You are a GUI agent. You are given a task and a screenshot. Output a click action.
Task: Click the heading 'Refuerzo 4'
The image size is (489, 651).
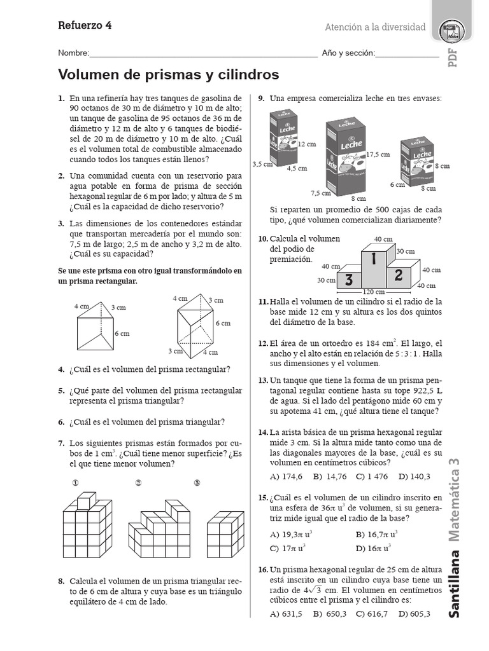pyautogui.click(x=85, y=25)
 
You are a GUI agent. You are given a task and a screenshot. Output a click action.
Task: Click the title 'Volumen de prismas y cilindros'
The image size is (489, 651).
pyautogui.click(x=169, y=75)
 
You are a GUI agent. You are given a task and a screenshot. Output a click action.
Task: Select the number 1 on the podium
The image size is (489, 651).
pyautogui.click(x=374, y=260)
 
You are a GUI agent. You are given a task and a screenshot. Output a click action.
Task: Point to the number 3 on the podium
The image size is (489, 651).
pyautogui.click(x=349, y=280)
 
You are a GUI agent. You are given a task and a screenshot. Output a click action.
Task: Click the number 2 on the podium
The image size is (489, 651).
pyautogui.click(x=399, y=275)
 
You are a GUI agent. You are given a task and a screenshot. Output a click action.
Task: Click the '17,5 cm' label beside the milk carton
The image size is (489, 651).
pyautogui.click(x=378, y=154)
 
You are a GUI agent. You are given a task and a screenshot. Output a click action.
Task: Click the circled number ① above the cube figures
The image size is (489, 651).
pyautogui.click(x=76, y=483)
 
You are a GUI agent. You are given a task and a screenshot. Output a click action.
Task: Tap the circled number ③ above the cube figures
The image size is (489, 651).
pyautogui.click(x=197, y=483)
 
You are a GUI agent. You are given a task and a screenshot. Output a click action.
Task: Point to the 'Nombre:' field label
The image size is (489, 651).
pyautogui.click(x=74, y=53)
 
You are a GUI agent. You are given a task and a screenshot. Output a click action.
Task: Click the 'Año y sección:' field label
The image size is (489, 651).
pyautogui.click(x=348, y=53)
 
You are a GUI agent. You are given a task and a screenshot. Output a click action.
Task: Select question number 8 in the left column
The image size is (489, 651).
pyautogui.click(x=61, y=581)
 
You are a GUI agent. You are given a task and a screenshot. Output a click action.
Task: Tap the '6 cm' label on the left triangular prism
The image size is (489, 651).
pyautogui.click(x=122, y=333)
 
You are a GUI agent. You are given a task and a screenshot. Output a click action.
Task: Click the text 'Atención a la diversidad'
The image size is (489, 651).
pyautogui.click(x=375, y=27)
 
